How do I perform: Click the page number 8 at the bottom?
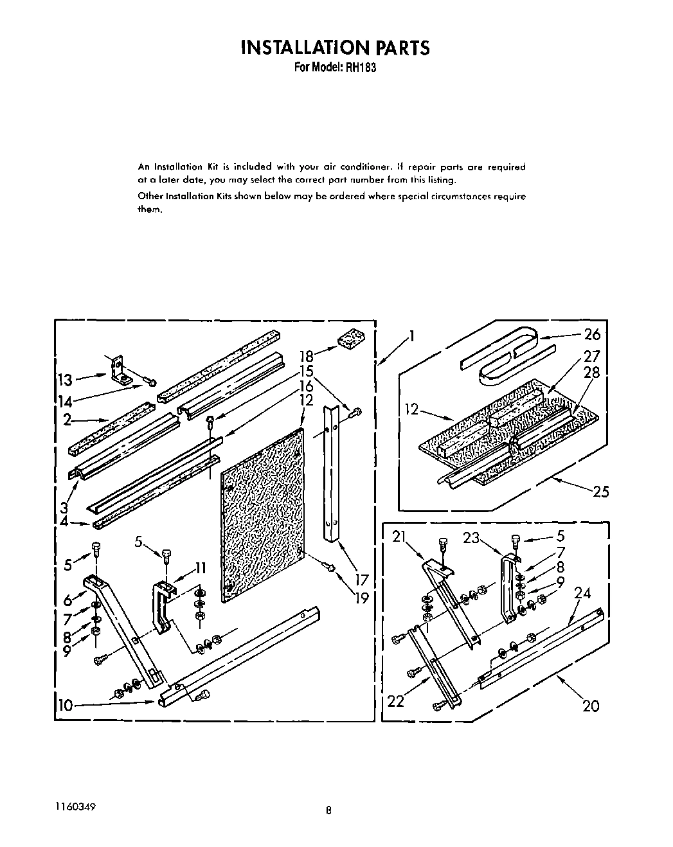[328, 810]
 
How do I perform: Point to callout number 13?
[66, 379]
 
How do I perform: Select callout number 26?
[591, 334]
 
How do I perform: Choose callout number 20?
[590, 706]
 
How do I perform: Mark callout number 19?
[361, 598]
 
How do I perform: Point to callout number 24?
[582, 593]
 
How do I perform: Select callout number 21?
[399, 538]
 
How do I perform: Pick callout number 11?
[200, 568]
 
